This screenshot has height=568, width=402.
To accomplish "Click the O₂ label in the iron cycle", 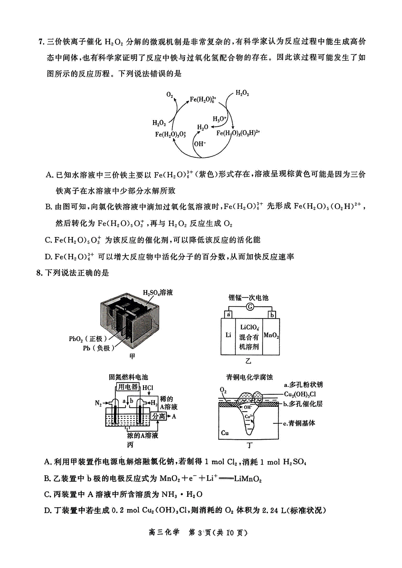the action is click(x=170, y=95).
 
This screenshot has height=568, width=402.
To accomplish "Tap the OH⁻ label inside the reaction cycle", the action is click(x=200, y=144).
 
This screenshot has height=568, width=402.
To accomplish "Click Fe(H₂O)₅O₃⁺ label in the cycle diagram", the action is click(x=171, y=134).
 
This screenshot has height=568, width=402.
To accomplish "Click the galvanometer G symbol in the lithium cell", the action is click(x=250, y=307).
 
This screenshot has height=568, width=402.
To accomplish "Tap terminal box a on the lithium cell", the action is click(x=228, y=315).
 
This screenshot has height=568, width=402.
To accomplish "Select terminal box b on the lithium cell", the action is click(x=272, y=315).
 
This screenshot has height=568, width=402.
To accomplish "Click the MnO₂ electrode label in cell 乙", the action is click(x=271, y=336).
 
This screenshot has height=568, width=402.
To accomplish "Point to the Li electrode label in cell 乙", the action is click(x=228, y=335).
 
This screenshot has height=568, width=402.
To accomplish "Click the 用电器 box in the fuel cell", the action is click(x=128, y=387).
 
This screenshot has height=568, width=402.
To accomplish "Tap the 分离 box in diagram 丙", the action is click(x=159, y=416).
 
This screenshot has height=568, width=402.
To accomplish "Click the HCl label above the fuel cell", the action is click(x=148, y=388).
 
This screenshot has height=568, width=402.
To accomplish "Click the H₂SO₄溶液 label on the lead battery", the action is click(x=158, y=293).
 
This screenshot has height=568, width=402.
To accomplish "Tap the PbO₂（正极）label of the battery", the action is click(x=88, y=339).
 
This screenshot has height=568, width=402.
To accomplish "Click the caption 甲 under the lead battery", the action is click(x=132, y=356).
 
